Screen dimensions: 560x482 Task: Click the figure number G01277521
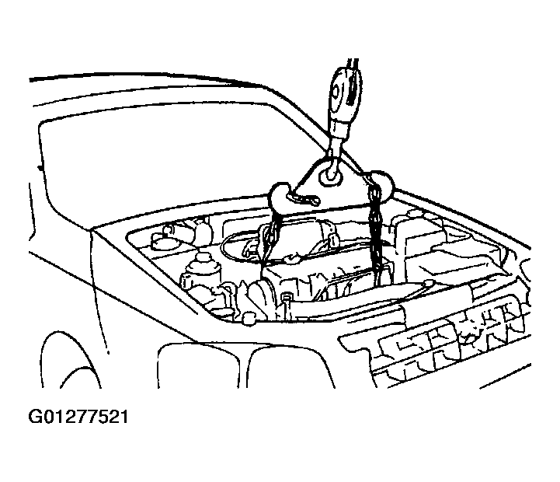[x=78, y=417]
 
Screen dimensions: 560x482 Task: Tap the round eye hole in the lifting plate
[x=332, y=176]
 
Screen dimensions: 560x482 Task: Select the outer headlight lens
[x=198, y=365]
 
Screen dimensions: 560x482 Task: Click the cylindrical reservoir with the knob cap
[x=200, y=272]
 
